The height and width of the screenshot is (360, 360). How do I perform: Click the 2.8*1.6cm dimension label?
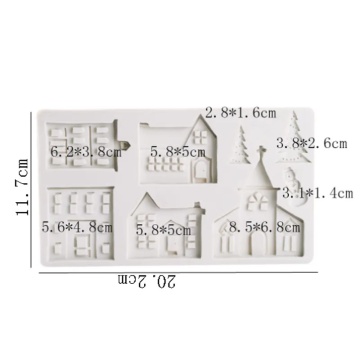pyautogui.click(x=241, y=113)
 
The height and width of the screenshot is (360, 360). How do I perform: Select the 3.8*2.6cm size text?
pyautogui.click(x=312, y=143)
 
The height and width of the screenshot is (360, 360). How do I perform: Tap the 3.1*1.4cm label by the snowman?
pyautogui.click(x=317, y=193)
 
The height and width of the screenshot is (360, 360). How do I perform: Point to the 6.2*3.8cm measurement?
pyautogui.click(x=86, y=152)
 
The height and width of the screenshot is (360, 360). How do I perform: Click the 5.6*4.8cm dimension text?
pyautogui.click(x=77, y=227)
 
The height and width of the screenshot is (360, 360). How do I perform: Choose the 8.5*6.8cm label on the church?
pyautogui.click(x=265, y=228)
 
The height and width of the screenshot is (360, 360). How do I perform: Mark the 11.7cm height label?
pyautogui.click(x=23, y=187)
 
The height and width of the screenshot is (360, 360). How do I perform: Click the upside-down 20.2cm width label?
pyautogui.click(x=147, y=282)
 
